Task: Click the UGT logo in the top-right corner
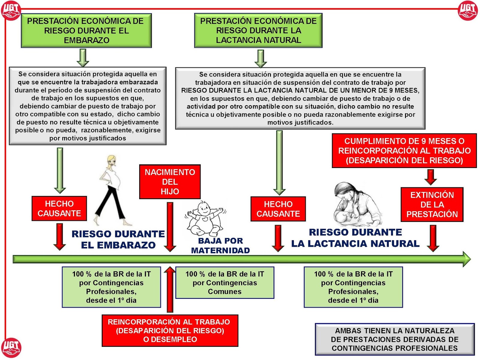coord(468,10)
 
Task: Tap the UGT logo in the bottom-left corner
coord(11,348)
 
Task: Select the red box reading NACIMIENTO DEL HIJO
coord(170,182)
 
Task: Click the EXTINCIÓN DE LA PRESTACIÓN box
coord(432,205)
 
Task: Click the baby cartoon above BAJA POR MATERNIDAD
coord(205,219)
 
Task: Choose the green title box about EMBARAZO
coord(86,31)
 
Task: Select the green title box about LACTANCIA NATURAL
coord(258,31)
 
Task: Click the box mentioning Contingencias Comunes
coord(225,283)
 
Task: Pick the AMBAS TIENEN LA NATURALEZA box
coord(395,339)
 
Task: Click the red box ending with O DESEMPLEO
coord(170,331)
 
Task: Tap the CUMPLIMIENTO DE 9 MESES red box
coord(404,151)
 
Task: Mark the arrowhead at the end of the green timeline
coord(466,259)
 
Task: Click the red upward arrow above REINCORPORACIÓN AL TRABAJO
coord(170,289)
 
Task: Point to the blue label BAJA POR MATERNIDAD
coord(220,245)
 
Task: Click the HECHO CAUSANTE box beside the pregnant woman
coord(59,208)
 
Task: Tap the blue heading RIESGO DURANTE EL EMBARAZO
coord(118,239)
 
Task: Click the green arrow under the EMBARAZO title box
coord(83,58)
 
